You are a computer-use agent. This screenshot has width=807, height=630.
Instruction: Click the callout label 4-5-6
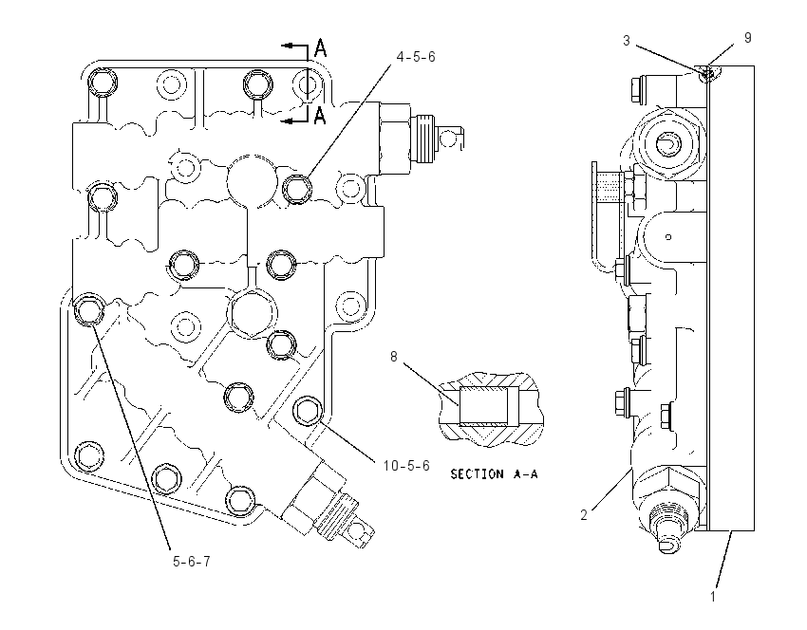(x=416, y=57)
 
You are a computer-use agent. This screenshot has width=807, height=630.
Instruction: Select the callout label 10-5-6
(x=406, y=466)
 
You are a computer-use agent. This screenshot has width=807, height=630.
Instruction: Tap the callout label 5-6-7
(x=192, y=561)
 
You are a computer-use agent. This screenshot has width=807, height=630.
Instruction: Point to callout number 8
(x=394, y=357)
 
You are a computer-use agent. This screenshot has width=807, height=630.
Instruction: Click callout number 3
(x=627, y=41)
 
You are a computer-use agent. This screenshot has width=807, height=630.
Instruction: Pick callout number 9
(x=748, y=38)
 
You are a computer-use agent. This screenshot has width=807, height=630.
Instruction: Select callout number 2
(x=584, y=515)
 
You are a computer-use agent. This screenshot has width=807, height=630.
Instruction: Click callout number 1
(x=713, y=597)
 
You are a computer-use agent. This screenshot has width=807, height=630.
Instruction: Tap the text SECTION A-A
(x=494, y=474)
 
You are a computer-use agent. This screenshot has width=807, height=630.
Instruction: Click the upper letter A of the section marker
(x=320, y=48)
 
